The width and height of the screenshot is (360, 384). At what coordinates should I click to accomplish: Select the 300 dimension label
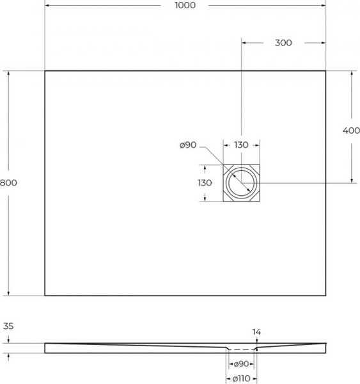click(283, 43)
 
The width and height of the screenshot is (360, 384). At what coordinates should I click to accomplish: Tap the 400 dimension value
click(351, 131)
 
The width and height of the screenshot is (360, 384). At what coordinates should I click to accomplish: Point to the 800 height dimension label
click(8, 182)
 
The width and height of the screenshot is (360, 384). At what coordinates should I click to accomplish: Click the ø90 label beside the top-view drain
click(188, 145)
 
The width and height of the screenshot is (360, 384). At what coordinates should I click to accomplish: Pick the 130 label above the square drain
click(240, 145)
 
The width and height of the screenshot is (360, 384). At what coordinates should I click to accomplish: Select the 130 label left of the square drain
click(204, 183)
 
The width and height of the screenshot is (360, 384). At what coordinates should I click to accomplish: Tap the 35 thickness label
click(8, 326)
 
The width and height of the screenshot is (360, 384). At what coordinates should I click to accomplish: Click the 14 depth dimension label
click(256, 332)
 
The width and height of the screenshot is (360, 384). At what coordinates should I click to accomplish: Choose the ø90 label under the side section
click(241, 364)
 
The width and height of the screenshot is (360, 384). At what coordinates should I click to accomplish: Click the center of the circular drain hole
click(241, 183)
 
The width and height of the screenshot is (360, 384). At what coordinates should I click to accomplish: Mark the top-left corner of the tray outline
click(45, 70)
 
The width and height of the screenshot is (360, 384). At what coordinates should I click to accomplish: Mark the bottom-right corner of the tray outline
click(325, 296)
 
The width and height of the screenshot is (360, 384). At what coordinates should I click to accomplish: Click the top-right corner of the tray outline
click(325, 70)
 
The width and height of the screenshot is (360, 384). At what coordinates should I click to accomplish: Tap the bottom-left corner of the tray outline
click(45, 296)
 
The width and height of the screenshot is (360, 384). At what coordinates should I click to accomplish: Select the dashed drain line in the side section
click(241, 350)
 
